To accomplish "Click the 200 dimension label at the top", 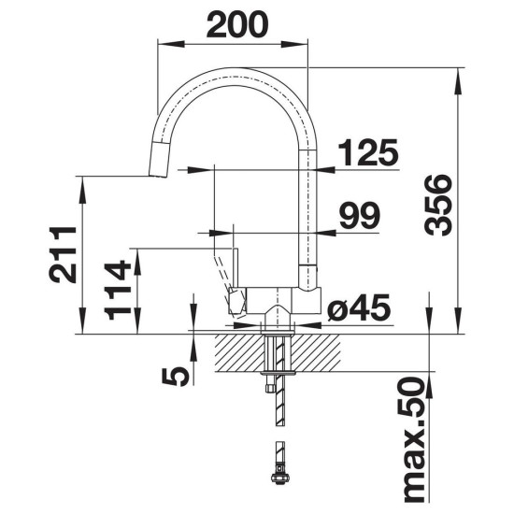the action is pos(237,24).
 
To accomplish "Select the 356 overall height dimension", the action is pos(438,205).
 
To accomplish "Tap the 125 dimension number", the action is pos(368,152).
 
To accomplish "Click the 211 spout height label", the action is pos(63,254).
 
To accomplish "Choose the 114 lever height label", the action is pos(118,290).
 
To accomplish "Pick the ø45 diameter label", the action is pos(359,307).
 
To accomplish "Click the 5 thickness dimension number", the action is pos(176,376).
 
